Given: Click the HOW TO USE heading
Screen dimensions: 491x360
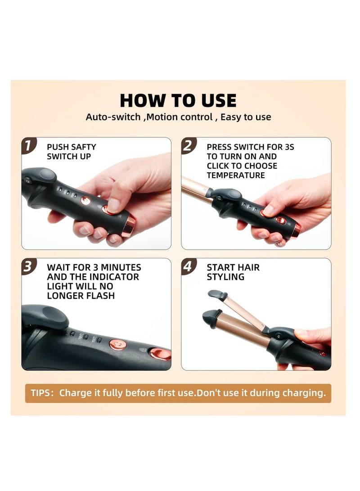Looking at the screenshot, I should pyautogui.click(x=178, y=100).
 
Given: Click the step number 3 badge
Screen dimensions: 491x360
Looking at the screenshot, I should pyautogui.click(x=28, y=266).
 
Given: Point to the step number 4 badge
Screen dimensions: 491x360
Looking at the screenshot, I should pyautogui.click(x=188, y=266).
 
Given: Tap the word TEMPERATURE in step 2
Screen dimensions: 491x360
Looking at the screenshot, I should pyautogui.click(x=235, y=175).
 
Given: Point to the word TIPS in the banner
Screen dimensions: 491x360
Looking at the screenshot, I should pyautogui.click(x=40, y=393).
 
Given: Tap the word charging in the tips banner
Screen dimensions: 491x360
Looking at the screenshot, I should pyautogui.click(x=304, y=393).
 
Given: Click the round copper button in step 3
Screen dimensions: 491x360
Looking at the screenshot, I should pyautogui.click(x=118, y=344).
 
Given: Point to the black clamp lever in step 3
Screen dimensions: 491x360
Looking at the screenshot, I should pyautogui.click(x=45, y=316).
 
